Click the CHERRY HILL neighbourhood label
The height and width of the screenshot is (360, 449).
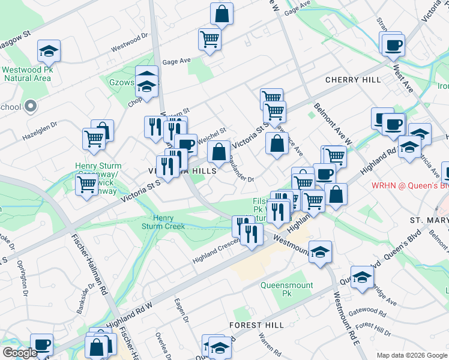(353, 80)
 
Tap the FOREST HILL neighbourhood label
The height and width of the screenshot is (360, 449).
(256, 325)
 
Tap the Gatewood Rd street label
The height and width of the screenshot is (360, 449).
(367, 311)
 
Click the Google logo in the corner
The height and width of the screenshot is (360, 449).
(20, 353)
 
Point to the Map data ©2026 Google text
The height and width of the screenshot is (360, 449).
(412, 355)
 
